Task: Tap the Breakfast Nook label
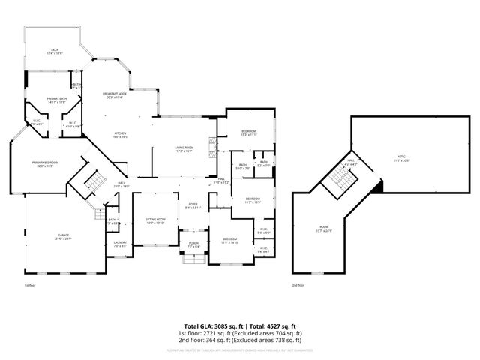pyautogui.click(x=114, y=95)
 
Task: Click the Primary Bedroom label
pyautogui.click(x=46, y=164)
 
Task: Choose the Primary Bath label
pyautogui.click(x=57, y=100)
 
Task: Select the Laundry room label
pyautogui.click(x=120, y=243)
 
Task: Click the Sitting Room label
pyautogui.click(x=155, y=220)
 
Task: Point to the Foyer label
pyautogui.click(x=193, y=206)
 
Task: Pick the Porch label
pyautogui.click(x=193, y=244)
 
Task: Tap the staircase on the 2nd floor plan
pyautogui.click(x=340, y=178)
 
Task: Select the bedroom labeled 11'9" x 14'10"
pyautogui.click(x=229, y=241)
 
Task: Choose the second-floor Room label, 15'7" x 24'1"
pyautogui.click(x=323, y=228)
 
